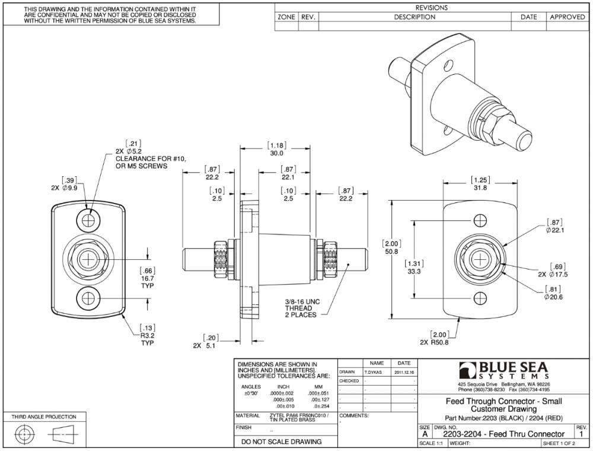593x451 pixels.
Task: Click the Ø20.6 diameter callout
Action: [555, 296]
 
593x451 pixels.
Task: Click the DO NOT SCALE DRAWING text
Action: [278, 442]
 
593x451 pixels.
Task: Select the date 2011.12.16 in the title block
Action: [404, 372]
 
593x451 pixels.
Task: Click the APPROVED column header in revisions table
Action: [567, 17]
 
